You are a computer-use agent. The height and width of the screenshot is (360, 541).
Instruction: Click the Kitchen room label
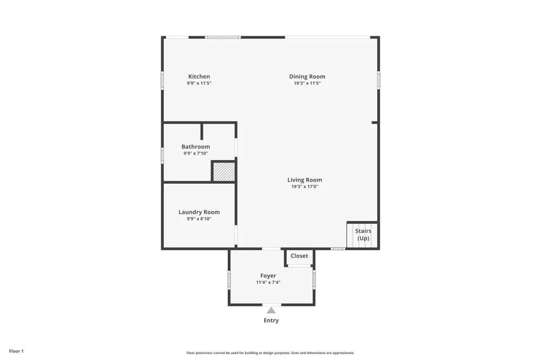pos(199,77)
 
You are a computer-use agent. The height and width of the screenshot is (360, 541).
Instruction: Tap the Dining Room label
pos(307,77)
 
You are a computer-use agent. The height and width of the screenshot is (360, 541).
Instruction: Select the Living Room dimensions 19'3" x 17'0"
pos(305,186)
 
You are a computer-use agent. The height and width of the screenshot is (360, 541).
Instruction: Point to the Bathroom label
pos(196,146)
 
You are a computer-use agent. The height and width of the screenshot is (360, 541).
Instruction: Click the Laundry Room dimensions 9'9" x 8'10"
pos(199,218)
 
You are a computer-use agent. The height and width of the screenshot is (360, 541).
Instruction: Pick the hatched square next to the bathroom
pos(224,172)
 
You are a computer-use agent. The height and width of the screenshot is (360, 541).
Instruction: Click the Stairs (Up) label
pos(364,235)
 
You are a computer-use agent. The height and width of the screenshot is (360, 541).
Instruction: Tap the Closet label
pos(299,256)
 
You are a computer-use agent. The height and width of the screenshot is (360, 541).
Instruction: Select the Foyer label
pos(268,276)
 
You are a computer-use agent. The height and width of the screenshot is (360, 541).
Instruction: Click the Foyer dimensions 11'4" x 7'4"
pos(268,282)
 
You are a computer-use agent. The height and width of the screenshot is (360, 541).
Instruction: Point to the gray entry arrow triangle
pos(271,310)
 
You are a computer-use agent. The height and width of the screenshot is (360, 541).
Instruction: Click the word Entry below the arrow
pos(271,321)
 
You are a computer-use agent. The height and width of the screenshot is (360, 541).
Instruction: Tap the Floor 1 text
pos(16,351)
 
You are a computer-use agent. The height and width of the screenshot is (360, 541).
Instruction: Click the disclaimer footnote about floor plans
pos(270,353)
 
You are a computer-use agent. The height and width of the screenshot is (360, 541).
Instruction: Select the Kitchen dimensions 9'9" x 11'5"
pos(199,83)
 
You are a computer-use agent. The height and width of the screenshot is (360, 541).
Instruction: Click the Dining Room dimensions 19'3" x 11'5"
pos(307,83)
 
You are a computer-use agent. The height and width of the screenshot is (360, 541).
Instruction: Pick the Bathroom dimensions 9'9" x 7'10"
pos(196,153)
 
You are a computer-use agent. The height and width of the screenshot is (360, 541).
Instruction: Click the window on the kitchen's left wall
pos(162,81)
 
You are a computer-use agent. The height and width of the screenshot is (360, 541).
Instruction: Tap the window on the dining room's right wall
pos(379,80)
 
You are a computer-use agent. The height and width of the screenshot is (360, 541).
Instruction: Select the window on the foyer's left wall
pos(229,279)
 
